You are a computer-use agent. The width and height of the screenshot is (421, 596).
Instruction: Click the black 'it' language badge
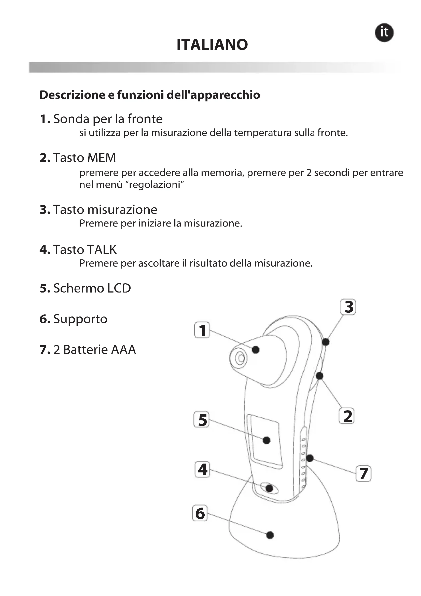(384, 33)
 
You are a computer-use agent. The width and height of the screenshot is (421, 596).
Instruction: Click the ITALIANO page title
(212, 45)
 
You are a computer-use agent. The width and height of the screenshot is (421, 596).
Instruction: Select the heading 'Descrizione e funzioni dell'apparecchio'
(150, 95)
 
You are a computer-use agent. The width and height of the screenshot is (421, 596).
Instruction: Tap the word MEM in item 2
(102, 157)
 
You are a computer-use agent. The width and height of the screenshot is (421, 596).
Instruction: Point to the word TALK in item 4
(102, 249)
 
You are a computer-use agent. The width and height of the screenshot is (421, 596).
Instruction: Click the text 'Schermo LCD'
(92, 288)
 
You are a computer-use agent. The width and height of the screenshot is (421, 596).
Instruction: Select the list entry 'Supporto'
(80, 319)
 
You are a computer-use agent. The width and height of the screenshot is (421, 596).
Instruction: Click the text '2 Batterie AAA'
(94, 349)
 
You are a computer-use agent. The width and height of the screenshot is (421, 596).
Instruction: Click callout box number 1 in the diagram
(202, 330)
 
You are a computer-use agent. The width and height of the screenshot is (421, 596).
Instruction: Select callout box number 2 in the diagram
(347, 416)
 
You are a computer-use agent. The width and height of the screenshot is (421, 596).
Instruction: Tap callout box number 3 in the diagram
(348, 307)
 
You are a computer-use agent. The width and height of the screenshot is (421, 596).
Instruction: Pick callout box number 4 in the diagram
(202, 470)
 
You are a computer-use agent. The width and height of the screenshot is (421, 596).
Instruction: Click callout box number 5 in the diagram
(201, 420)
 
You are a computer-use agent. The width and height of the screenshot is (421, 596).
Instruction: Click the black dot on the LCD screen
(266, 440)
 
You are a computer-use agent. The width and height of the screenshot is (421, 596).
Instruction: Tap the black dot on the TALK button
(269, 488)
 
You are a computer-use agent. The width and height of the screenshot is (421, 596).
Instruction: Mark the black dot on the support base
(270, 535)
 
